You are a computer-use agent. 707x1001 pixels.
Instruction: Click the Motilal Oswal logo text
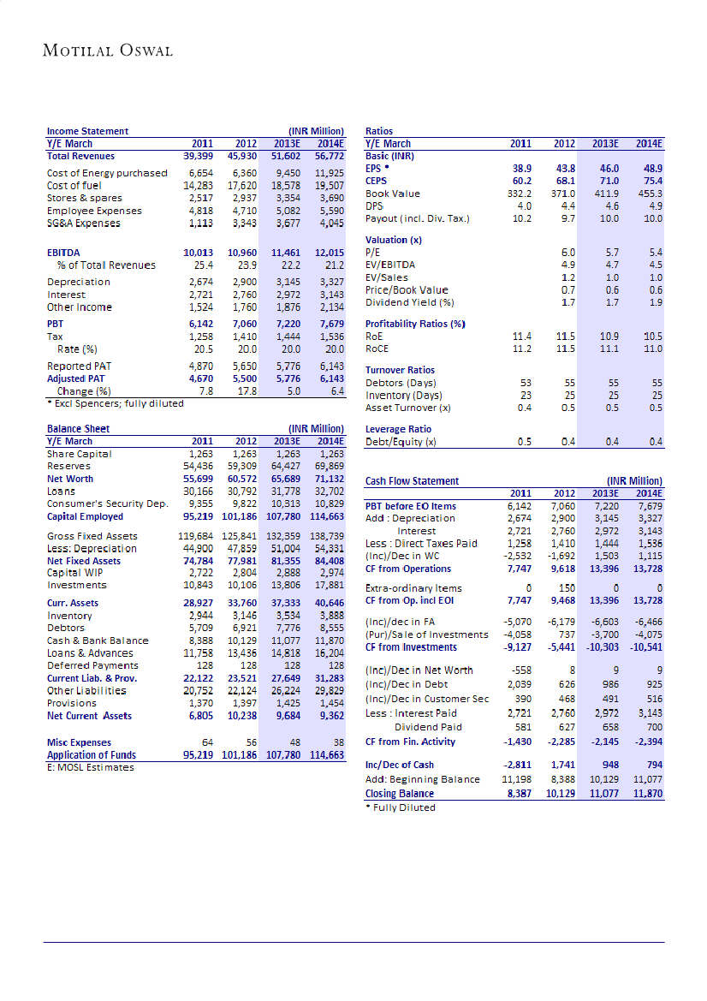pos(108,51)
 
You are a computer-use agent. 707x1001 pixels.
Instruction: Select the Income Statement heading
pos(87,131)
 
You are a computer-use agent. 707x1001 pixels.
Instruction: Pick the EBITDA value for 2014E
pos(330,253)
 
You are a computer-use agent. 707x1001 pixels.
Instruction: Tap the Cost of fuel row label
pos(75,185)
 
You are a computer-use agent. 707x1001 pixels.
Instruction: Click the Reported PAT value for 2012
pos(241,366)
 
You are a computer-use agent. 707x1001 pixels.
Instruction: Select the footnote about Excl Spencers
pos(115,402)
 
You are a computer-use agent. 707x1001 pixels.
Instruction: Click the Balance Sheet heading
pos(78,428)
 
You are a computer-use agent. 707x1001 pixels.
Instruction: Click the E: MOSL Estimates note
pos(90,767)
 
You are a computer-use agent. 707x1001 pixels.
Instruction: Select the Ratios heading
pos(379,131)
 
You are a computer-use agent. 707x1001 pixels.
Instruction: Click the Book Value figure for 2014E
pos(651,194)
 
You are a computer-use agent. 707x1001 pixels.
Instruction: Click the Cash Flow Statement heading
pos(412,481)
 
